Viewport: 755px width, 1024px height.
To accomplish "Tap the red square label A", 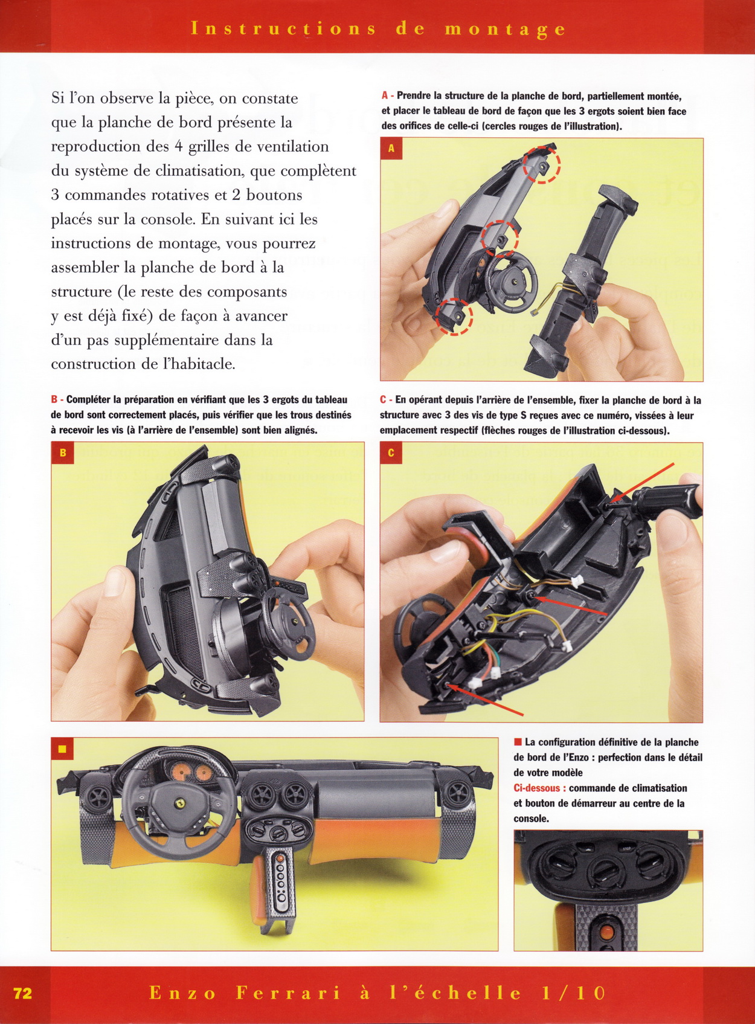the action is (x=391, y=149).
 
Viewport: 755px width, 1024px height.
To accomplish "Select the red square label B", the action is (x=63, y=453).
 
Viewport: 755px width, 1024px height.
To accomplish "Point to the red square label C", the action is (x=391, y=453).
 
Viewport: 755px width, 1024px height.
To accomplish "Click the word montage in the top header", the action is (x=505, y=30).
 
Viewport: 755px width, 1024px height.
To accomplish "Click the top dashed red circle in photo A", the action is (x=542, y=164).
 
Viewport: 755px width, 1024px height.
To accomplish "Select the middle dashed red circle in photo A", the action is (x=500, y=238).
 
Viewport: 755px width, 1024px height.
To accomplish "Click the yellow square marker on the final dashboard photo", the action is (x=63, y=749).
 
